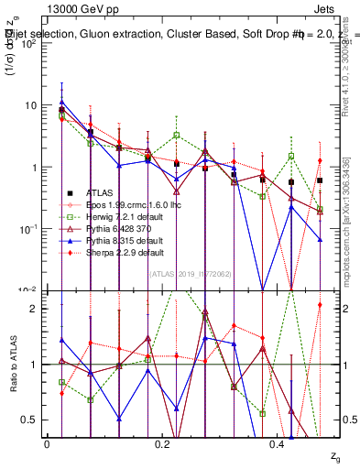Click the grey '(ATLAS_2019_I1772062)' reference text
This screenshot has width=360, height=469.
191,272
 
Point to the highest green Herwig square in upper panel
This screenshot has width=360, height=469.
60,116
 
